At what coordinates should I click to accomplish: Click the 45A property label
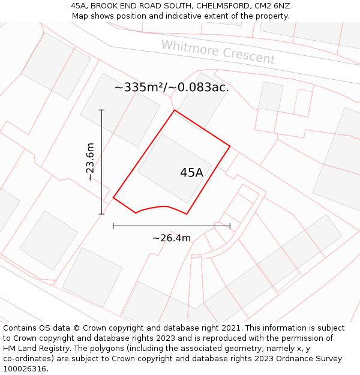[x=191, y=173]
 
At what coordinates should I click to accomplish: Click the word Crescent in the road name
[x=248, y=56]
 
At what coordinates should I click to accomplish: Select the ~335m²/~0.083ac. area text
[x=172, y=88]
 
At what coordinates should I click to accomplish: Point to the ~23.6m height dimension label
[x=90, y=162]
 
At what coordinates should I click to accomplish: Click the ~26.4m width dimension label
[x=172, y=238]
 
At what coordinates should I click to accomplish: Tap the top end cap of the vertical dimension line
[x=101, y=110]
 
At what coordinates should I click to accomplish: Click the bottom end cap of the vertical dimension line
[x=101, y=214]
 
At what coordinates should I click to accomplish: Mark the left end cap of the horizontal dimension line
[x=113, y=226]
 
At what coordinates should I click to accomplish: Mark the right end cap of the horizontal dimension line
[x=230, y=226]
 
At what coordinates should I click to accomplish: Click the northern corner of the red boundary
[x=175, y=110]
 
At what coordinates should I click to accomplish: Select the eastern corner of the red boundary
[x=230, y=145]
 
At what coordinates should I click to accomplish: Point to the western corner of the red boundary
[x=113, y=197]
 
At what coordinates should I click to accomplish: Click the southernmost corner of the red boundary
[x=187, y=214]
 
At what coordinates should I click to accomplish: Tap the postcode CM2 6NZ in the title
[x=274, y=6]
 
